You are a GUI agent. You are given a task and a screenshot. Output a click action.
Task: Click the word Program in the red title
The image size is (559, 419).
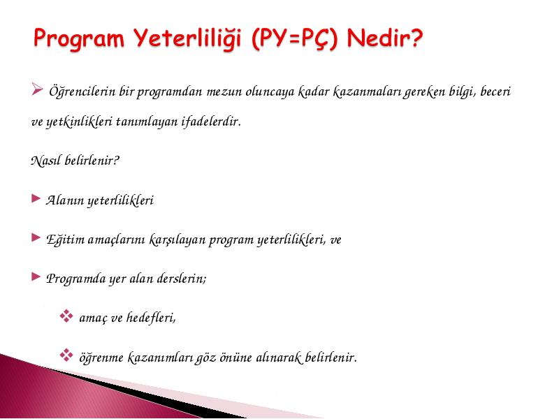click(79, 38)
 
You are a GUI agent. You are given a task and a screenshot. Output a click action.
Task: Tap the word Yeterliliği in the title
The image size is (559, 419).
click(188, 38)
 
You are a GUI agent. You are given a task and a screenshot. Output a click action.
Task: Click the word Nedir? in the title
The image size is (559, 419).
click(385, 38)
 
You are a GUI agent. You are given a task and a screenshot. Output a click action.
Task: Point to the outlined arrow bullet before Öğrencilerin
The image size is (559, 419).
click(37, 89)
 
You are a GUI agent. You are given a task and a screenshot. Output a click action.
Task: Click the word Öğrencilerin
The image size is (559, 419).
click(82, 91)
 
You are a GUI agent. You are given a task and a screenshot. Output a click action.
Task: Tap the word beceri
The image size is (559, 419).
click(495, 91)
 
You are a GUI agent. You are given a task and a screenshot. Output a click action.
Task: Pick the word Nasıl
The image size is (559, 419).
click(45, 161)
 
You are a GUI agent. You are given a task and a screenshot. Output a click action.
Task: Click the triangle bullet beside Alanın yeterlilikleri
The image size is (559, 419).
click(36, 198)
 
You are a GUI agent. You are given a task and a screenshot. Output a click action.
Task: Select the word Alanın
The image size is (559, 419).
click(64, 200)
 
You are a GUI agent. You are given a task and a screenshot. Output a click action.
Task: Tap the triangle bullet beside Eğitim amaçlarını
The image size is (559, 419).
click(36, 237)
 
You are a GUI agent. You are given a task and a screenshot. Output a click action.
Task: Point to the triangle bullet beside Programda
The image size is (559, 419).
click(36, 277)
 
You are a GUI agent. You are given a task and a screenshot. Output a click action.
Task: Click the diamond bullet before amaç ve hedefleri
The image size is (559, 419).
click(66, 316)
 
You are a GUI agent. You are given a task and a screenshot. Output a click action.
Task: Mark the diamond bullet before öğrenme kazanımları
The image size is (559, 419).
click(66, 355)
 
